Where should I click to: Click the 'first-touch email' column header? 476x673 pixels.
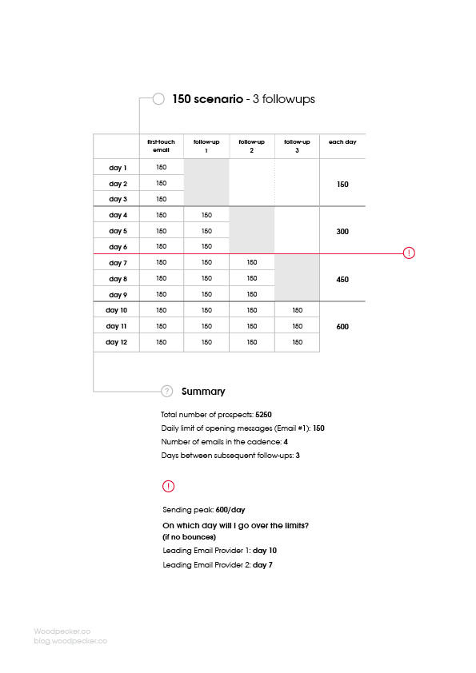pos(161,146)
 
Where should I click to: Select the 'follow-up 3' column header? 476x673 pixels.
pos(297,146)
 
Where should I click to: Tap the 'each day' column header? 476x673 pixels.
pos(342,142)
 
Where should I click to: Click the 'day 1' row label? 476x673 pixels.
pos(118,168)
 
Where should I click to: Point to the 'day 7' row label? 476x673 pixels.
pos(118,263)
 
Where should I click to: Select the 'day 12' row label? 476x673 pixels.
pos(117,342)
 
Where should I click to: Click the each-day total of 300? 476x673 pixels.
pos(342,232)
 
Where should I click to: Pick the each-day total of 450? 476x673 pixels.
pos(342,280)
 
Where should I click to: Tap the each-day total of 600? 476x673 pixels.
pos(342,327)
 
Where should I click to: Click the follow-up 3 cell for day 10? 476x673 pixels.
pos(298,310)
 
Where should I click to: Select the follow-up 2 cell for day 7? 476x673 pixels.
pos(252,262)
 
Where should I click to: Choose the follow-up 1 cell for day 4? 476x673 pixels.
pos(206,215)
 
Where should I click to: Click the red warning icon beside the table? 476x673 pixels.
pos(409,253)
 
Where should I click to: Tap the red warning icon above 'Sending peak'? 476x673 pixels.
pos(169,486)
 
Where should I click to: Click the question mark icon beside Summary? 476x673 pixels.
pos(166,391)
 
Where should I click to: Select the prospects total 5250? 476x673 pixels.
pos(263,415)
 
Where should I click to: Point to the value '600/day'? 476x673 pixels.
pos(230,510)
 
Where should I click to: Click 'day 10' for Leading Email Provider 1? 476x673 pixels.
pos(265,551)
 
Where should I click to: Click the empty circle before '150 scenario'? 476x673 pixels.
pos(158,99)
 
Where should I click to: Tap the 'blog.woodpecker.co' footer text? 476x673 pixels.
pos(70,641)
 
